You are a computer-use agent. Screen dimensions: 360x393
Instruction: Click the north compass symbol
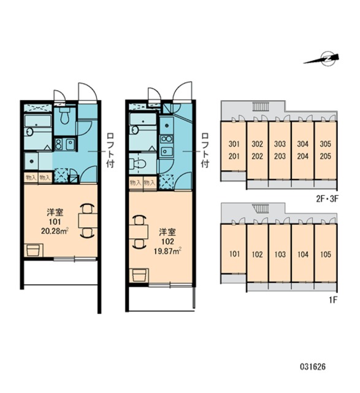(323, 60)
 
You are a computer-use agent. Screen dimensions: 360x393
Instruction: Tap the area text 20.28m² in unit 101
(55, 231)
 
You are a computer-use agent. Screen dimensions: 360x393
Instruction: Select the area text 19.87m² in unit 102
(167, 251)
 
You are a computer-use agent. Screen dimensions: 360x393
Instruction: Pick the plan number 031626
(313, 367)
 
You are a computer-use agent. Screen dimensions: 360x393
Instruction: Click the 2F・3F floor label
(327, 199)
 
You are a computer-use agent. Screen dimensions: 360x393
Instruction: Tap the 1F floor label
(334, 300)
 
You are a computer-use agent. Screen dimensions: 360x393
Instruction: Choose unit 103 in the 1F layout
(280, 255)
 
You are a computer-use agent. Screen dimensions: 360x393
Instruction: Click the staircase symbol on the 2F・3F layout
(261, 106)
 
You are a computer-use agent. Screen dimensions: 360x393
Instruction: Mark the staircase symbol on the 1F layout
(261, 209)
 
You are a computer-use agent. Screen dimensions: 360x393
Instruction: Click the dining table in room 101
(88, 220)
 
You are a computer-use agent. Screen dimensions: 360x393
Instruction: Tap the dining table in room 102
(139, 232)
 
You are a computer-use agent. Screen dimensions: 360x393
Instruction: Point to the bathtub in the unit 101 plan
(38, 121)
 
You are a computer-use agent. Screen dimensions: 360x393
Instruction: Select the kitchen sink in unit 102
(166, 151)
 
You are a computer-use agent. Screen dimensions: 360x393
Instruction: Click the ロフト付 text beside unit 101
(110, 150)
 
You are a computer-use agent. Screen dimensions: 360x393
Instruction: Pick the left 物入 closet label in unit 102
(136, 182)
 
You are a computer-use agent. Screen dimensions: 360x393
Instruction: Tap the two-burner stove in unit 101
(59, 144)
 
